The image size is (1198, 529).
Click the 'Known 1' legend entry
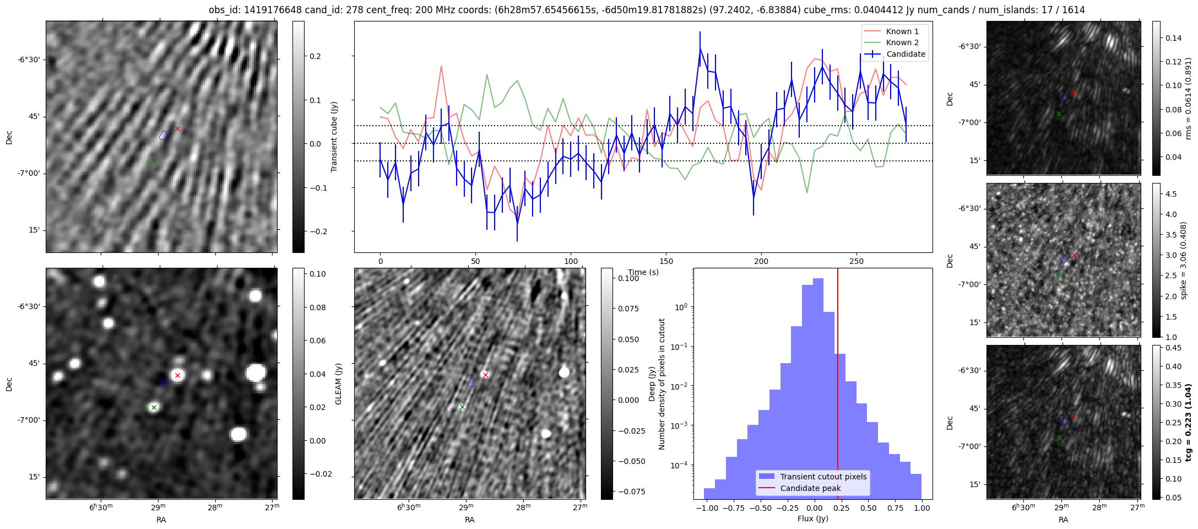pyautogui.click(x=902, y=31)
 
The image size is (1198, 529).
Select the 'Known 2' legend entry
pyautogui.click(x=902, y=42)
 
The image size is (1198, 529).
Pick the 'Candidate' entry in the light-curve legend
pyautogui.click(x=905, y=54)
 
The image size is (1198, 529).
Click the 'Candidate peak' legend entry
pyautogui.click(x=810, y=488)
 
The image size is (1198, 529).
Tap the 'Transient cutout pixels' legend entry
pyautogui.click(x=823, y=477)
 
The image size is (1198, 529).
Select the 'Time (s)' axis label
pyautogui.click(x=643, y=272)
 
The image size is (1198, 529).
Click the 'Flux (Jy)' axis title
pyautogui.click(x=812, y=519)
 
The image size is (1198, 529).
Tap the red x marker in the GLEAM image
pyautogui.click(x=177, y=375)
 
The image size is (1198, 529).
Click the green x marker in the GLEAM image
pyautogui.click(x=154, y=407)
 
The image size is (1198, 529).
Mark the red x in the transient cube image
pyautogui.click(x=177, y=128)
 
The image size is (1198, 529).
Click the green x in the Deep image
pyautogui.click(x=462, y=407)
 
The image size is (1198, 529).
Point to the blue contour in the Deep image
pyautogui.click(x=471, y=382)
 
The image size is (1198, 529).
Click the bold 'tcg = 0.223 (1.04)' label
pyautogui.click(x=1188, y=422)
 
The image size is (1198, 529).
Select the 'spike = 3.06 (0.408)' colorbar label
pyautogui.click(x=1184, y=260)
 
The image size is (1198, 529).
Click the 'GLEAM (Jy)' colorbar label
pyautogui.click(x=339, y=384)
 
